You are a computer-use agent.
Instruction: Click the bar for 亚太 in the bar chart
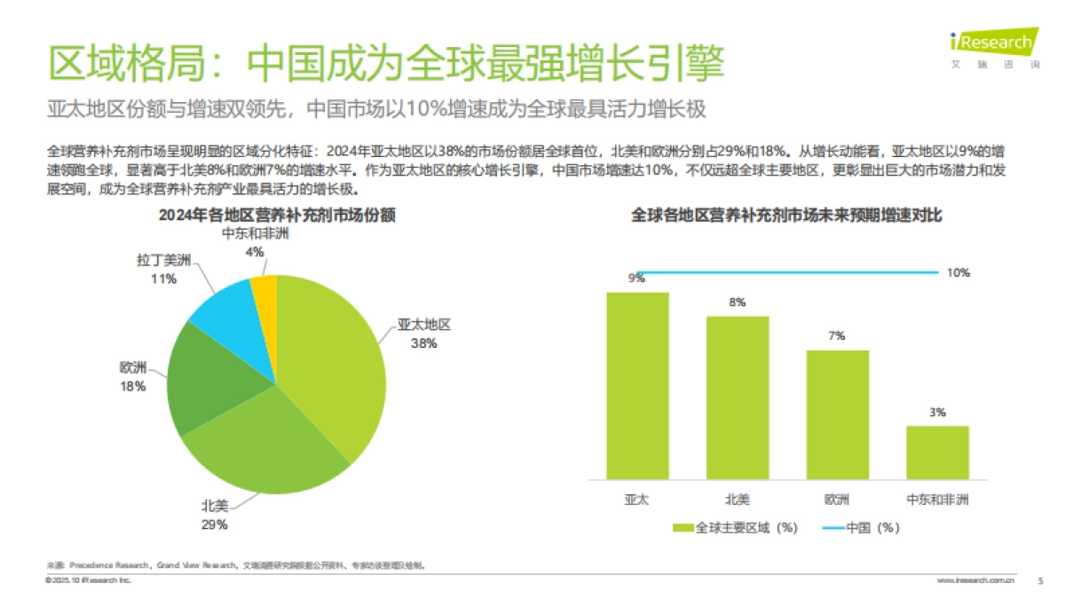636,385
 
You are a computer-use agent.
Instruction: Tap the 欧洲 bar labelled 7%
837,414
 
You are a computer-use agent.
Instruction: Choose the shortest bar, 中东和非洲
937,453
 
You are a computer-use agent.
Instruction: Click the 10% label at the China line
958,273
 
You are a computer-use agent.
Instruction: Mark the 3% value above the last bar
938,413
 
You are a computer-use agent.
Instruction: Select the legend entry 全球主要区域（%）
737,528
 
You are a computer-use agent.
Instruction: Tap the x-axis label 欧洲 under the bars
837,500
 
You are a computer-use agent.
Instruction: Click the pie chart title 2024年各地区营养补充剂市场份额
276,215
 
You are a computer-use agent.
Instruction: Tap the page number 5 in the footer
1040,581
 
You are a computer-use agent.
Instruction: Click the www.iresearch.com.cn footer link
976,581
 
